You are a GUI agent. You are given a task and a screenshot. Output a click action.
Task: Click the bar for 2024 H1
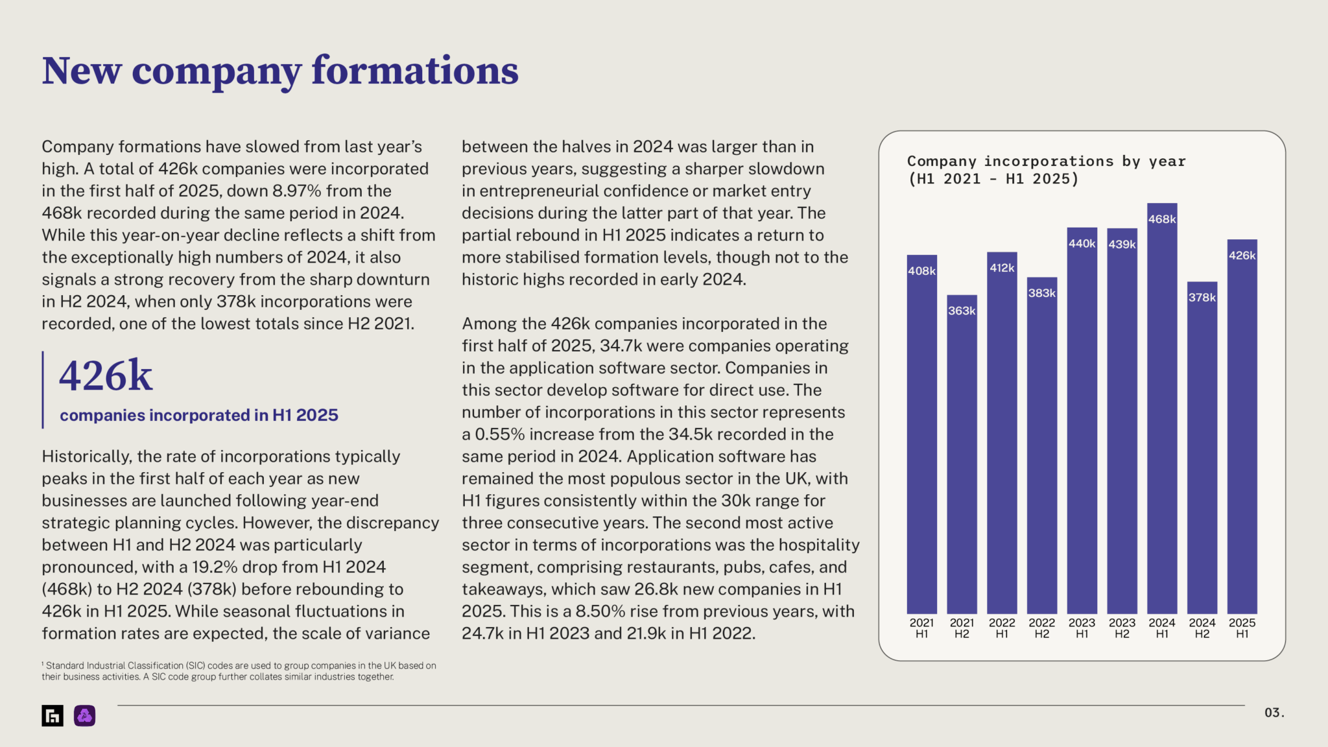pos(1161,415)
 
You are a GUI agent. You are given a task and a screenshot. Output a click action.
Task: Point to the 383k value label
pos(1041,293)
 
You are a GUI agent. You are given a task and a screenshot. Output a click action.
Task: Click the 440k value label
pos(1082,244)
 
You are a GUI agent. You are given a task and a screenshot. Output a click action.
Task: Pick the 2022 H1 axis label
pos(1002,628)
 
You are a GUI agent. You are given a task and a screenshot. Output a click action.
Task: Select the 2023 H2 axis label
pos(1122,628)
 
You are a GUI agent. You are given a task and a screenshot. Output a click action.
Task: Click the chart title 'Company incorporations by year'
pos(1046,161)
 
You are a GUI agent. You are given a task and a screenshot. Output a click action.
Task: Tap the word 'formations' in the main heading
pos(415,71)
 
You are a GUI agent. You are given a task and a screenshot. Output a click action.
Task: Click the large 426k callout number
pos(106,376)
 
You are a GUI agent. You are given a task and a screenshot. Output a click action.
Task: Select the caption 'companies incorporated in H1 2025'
pos(199,415)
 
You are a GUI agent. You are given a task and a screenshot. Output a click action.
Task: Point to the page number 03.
pos(1274,713)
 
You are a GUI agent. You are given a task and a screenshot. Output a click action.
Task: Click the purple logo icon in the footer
pos(84,715)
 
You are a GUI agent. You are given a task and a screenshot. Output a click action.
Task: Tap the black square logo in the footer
pos(53,715)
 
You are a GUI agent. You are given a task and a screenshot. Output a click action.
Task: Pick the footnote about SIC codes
pos(239,670)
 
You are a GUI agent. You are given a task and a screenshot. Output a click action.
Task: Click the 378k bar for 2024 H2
pos(1202,454)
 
